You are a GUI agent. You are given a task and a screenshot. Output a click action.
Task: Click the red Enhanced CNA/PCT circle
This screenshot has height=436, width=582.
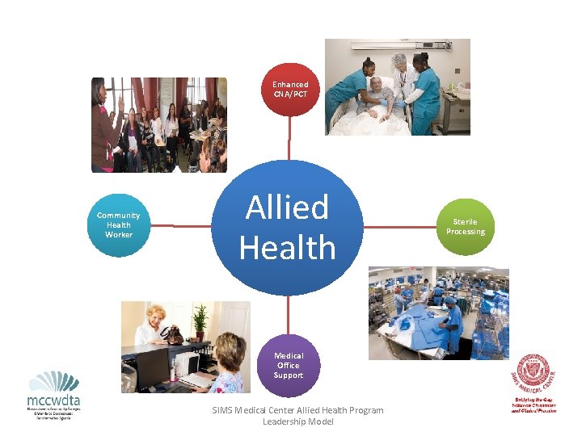pyautogui.click(x=289, y=90)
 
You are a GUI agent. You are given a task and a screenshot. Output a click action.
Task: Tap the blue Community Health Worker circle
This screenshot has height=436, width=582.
pyautogui.click(x=119, y=225)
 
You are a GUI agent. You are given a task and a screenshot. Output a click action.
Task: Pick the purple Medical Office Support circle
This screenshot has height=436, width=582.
pyautogui.click(x=289, y=365)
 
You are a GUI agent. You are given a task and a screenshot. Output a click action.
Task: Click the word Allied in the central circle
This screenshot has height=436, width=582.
pyautogui.click(x=287, y=208)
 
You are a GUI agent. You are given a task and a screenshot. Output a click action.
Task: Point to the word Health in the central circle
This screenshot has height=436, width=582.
pyautogui.click(x=287, y=247)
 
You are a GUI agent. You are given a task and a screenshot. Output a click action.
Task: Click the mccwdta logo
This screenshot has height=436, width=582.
pyautogui.click(x=53, y=395)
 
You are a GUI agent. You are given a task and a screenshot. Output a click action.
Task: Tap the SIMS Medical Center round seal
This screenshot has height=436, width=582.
pyautogui.click(x=535, y=373)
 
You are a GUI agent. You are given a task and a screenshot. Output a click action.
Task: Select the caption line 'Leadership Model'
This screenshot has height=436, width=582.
pyautogui.click(x=297, y=421)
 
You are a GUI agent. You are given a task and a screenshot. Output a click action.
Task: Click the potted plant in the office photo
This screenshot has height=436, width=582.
pyautogui.click(x=200, y=321)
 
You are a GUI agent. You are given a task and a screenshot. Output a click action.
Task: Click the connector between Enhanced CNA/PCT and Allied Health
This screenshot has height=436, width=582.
pyautogui.click(x=289, y=138)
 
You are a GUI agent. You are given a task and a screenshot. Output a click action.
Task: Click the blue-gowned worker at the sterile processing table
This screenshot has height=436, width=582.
pyautogui.click(x=453, y=319)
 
